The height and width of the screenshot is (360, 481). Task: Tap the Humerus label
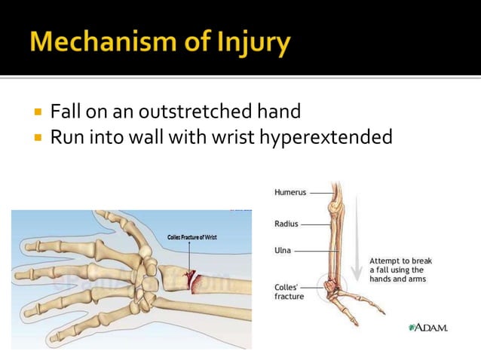coord(290,192)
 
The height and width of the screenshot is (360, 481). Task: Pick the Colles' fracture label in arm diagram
coord(289,291)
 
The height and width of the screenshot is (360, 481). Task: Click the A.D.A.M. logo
coord(427,328)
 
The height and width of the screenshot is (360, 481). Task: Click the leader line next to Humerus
coord(320,192)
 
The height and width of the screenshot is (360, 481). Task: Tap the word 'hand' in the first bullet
coord(280,112)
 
